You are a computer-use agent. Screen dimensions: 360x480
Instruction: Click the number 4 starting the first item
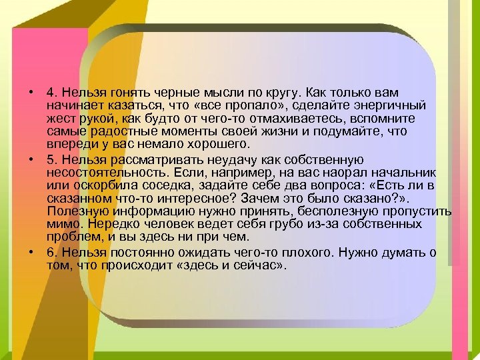click(50, 93)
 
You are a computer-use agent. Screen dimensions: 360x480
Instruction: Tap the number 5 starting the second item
click(50, 160)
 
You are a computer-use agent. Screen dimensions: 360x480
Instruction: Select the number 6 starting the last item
click(50, 253)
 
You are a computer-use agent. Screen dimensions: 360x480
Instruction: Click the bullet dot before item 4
click(31, 93)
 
